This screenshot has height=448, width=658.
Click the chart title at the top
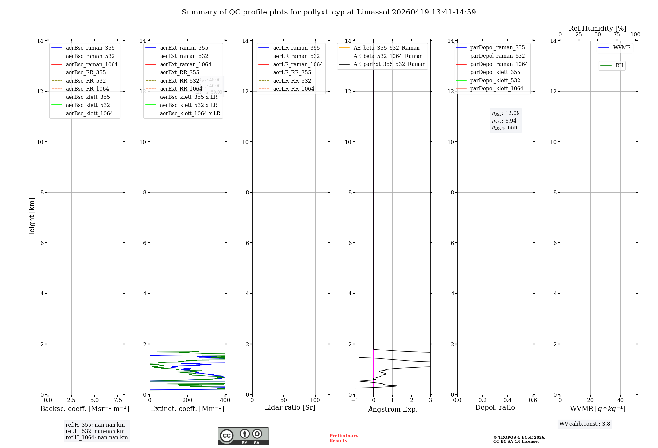329,12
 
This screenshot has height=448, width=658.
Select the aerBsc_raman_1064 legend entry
91,64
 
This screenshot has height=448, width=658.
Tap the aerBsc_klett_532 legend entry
88,105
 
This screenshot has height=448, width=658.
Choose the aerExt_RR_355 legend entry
179,72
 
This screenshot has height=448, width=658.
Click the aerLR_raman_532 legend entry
296,56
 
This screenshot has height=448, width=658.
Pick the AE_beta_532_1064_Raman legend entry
388,56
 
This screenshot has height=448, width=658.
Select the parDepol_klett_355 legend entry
495,72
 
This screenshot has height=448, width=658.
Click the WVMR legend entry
622,48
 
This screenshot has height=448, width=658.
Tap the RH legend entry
619,66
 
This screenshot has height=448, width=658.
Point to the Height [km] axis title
32,217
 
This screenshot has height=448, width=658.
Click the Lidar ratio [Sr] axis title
290,407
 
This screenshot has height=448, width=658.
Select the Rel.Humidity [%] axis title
597,28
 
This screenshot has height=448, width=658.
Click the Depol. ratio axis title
495,407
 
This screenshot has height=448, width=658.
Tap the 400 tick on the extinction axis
225,400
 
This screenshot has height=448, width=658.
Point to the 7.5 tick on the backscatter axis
118,400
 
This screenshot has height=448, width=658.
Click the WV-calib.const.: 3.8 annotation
585,424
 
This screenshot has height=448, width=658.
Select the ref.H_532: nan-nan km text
95,431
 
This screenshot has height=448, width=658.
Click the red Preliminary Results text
343,438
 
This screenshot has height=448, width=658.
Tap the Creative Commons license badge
243,436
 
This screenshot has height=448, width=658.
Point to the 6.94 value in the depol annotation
511,121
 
